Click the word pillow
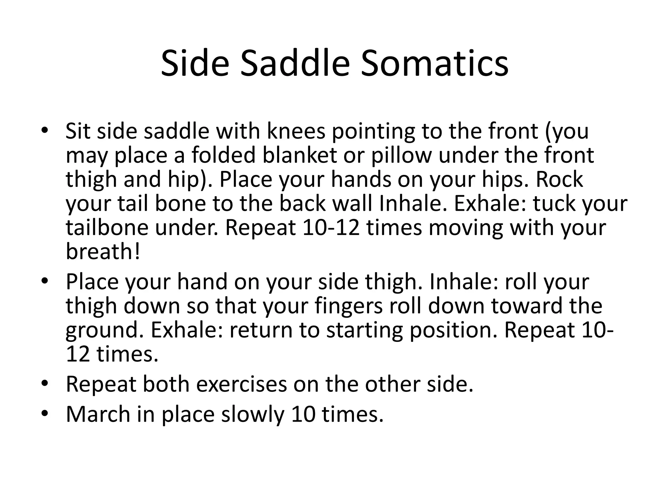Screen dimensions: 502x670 pyautogui.click(x=401, y=156)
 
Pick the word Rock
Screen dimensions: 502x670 pyautogui.click(x=559, y=179)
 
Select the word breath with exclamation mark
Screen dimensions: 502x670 pyautogui.click(x=103, y=252)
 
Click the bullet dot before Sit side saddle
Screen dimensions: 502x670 pyautogui.click(x=45, y=130)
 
